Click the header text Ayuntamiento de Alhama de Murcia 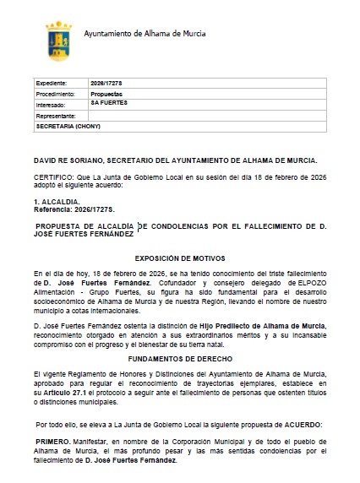tap(145, 34)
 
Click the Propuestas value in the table tap(106, 95)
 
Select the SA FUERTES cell tap(109, 103)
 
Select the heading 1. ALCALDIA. tap(56, 204)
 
